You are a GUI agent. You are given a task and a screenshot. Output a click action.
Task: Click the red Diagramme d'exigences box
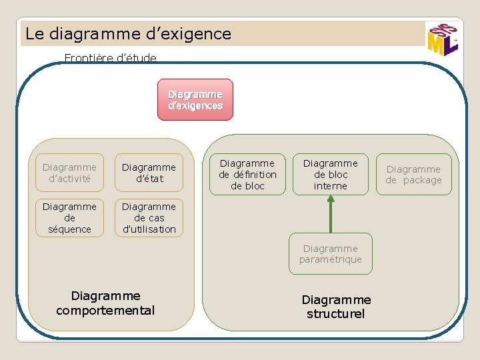click(195, 100)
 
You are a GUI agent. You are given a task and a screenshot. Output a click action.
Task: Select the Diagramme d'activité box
click(69, 173)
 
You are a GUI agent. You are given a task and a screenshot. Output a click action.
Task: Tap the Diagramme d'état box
click(149, 173)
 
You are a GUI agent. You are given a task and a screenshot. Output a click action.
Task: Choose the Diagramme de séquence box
click(69, 218)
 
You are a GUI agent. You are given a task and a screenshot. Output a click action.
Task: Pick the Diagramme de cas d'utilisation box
click(149, 218)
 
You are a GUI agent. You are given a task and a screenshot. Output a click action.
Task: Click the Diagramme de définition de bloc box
click(247, 175)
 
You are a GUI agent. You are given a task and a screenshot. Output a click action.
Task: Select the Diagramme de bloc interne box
click(331, 175)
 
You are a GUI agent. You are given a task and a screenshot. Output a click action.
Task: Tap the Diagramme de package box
click(413, 175)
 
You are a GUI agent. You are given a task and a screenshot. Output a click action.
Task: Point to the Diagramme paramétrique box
click(331, 254)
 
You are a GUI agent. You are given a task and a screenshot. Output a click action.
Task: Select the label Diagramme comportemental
click(105, 303)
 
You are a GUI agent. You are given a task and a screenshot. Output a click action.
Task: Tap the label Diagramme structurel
click(336, 307)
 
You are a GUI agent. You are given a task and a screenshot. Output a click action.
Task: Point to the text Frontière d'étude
click(111, 58)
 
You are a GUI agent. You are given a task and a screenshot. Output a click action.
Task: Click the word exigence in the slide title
click(198, 33)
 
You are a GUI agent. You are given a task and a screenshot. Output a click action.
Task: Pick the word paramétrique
click(331, 259)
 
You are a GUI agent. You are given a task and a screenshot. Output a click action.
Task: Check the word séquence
click(69, 229)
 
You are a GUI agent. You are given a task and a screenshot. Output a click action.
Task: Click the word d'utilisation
click(149, 229)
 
